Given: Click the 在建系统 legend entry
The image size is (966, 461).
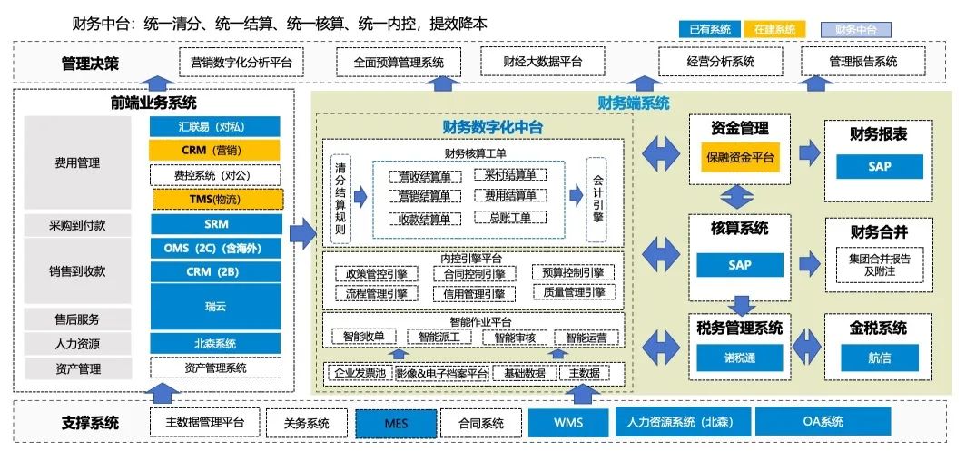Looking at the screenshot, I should (x=774, y=29).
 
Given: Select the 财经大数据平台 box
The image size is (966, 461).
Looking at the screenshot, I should (x=543, y=62).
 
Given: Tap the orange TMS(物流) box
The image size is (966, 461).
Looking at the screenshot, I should (x=215, y=199).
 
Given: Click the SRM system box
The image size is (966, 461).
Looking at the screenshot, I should (x=215, y=223).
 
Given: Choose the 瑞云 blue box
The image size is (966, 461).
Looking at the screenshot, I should (x=215, y=307).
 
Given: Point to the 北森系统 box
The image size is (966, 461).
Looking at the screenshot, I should (x=215, y=344).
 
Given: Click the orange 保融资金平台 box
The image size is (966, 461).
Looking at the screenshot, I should (x=741, y=157).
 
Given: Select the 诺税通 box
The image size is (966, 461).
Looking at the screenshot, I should (x=741, y=358).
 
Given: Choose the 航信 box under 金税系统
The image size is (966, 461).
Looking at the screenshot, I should (x=879, y=358).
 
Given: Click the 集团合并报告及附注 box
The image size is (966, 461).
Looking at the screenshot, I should (x=879, y=264).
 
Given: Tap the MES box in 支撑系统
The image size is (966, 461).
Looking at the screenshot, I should (x=396, y=423).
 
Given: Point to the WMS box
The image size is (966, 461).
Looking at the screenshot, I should (x=568, y=423).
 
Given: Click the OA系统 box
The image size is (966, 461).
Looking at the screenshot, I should (x=823, y=422).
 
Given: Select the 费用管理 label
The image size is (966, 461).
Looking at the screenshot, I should (x=77, y=163).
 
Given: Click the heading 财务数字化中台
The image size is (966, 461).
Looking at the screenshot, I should (x=492, y=127).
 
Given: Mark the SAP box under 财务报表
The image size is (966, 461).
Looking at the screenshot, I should (x=879, y=166).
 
